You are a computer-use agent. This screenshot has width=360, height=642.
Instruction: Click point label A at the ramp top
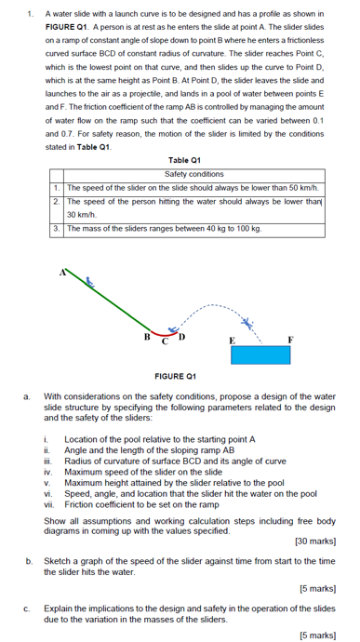click(63, 273)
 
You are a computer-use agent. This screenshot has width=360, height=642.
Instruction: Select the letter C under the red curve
click(165, 341)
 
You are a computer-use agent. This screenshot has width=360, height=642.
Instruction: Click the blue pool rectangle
click(260, 354)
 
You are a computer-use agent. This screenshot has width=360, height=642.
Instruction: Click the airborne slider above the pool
click(247, 324)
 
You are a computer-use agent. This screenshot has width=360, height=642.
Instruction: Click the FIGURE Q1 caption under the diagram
click(173, 377)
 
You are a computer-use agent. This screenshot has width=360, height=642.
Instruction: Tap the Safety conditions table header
click(193, 174)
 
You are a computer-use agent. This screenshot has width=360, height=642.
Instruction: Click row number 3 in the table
click(57, 227)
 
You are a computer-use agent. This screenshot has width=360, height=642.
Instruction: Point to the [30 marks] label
click(315, 541)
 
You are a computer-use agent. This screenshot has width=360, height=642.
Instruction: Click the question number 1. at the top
click(31, 15)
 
